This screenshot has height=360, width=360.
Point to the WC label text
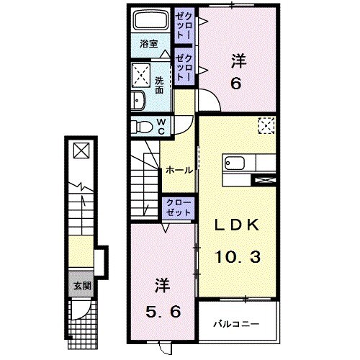coord(162,127)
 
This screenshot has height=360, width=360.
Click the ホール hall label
coord(179,171)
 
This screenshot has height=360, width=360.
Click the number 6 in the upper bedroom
coord(235,84)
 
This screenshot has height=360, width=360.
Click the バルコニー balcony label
coord(236,325)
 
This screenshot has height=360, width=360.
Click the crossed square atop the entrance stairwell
coord(81,151)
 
